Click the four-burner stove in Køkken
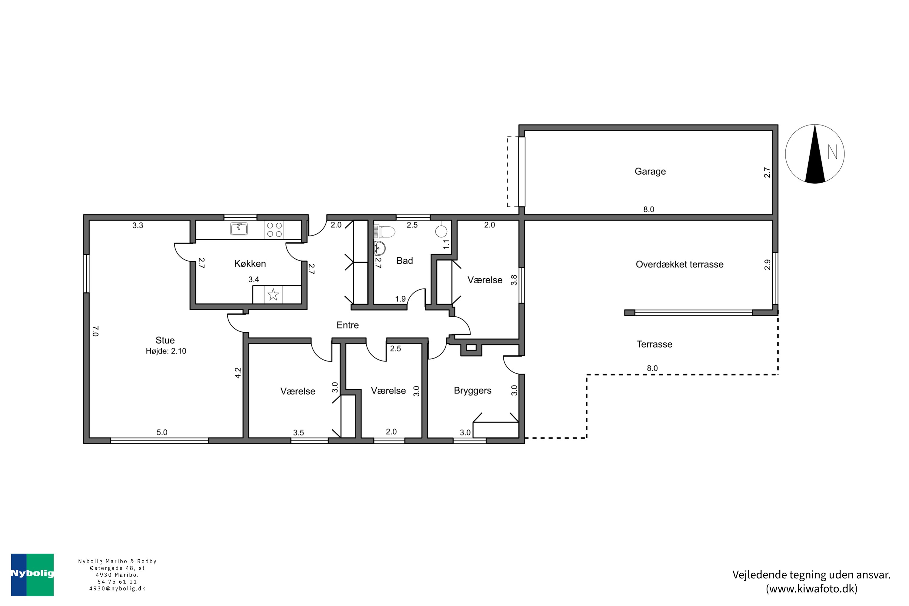click(x=274, y=230)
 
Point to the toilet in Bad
click(x=387, y=232)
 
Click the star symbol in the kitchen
click(x=273, y=295)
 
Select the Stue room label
click(x=165, y=340)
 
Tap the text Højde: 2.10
click(x=166, y=351)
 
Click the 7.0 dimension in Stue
click(x=96, y=331)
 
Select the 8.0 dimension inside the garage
click(x=648, y=209)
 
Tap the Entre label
click(x=348, y=325)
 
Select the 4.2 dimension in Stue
click(x=238, y=373)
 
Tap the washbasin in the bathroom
click(x=380, y=247)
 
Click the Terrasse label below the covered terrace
click(x=654, y=344)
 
